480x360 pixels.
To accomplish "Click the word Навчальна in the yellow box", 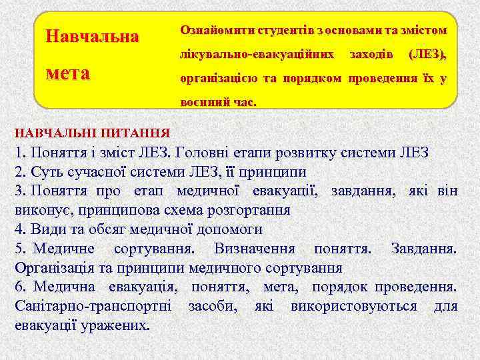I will pos(91,36).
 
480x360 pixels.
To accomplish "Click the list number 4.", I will pos(19,229).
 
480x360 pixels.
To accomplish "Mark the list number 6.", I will pos(19,287).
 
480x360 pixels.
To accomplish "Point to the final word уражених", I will pos(115,326).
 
